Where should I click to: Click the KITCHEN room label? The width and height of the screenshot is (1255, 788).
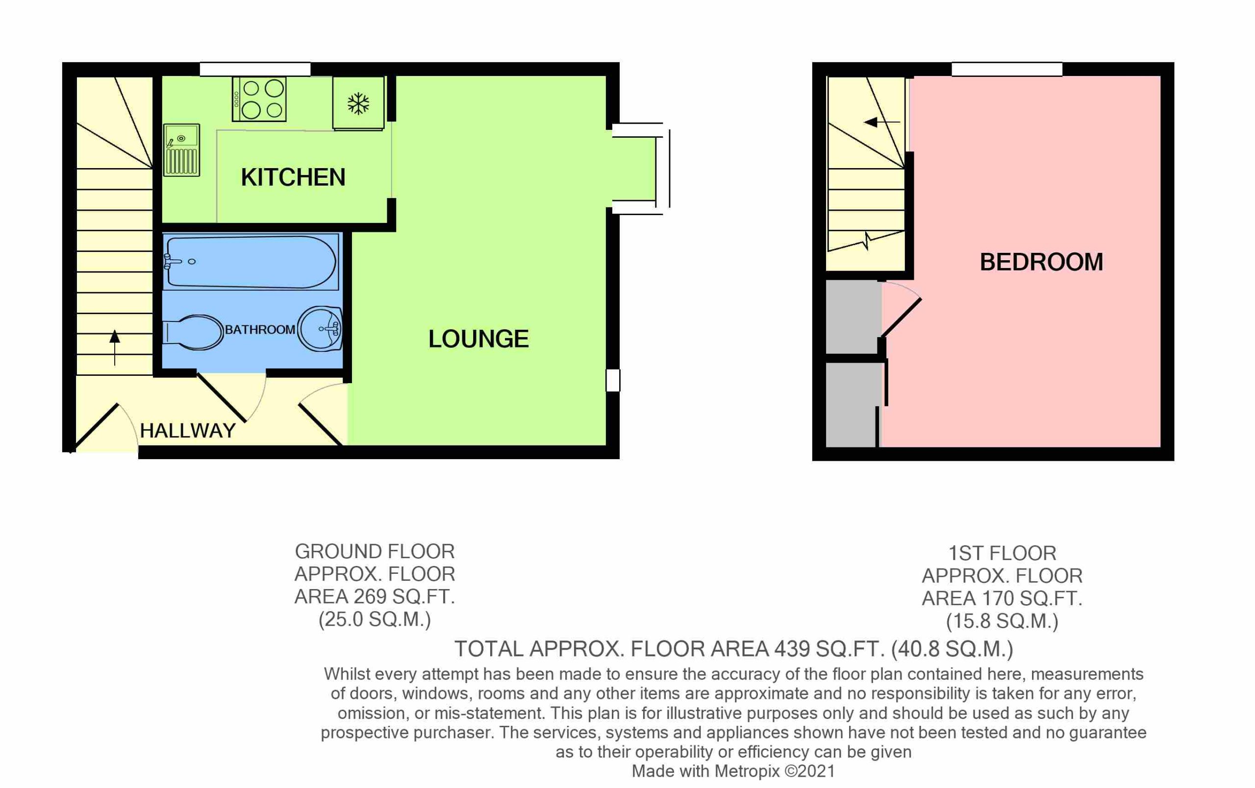(293, 177)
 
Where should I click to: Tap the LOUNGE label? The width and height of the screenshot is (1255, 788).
(478, 339)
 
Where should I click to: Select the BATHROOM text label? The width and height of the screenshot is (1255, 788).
(260, 330)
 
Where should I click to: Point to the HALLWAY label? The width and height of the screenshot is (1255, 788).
(188, 431)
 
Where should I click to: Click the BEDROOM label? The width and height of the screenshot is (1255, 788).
(1041, 262)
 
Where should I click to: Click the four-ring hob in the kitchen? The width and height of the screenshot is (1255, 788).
(259, 99)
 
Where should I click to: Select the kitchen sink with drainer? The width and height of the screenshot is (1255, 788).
(181, 150)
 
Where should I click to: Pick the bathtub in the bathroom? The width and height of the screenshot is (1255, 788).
(251, 262)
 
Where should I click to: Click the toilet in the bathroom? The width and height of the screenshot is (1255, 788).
(192, 332)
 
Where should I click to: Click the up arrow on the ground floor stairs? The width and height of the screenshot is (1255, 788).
(115, 348)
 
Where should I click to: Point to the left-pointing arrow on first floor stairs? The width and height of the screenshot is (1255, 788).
(882, 123)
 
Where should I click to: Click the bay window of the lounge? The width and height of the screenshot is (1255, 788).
(641, 169)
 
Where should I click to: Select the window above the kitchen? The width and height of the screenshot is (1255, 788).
(255, 69)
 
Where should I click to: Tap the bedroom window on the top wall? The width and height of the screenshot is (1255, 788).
(1007, 69)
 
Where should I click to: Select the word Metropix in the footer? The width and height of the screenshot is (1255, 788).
(748, 771)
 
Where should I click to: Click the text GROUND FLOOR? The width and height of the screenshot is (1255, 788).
(375, 551)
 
